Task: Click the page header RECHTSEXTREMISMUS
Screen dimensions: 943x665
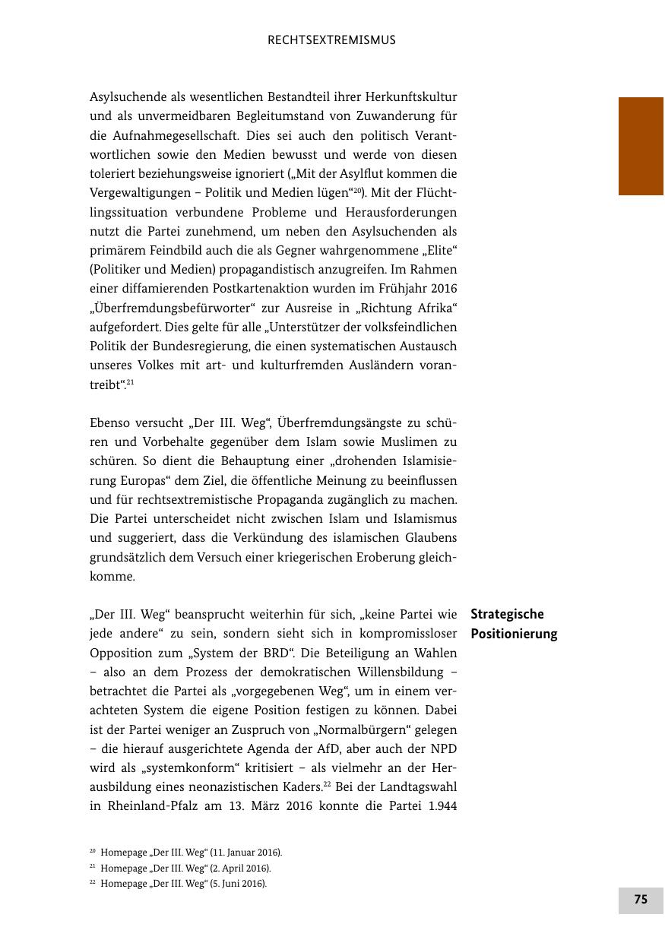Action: click(331, 40)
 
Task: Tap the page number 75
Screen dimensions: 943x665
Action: click(641, 900)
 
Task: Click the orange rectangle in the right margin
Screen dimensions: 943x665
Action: click(641, 146)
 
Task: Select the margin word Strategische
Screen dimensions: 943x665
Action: click(507, 614)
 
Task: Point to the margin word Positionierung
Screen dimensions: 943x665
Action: click(514, 634)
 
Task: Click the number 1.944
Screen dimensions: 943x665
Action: click(439, 806)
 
